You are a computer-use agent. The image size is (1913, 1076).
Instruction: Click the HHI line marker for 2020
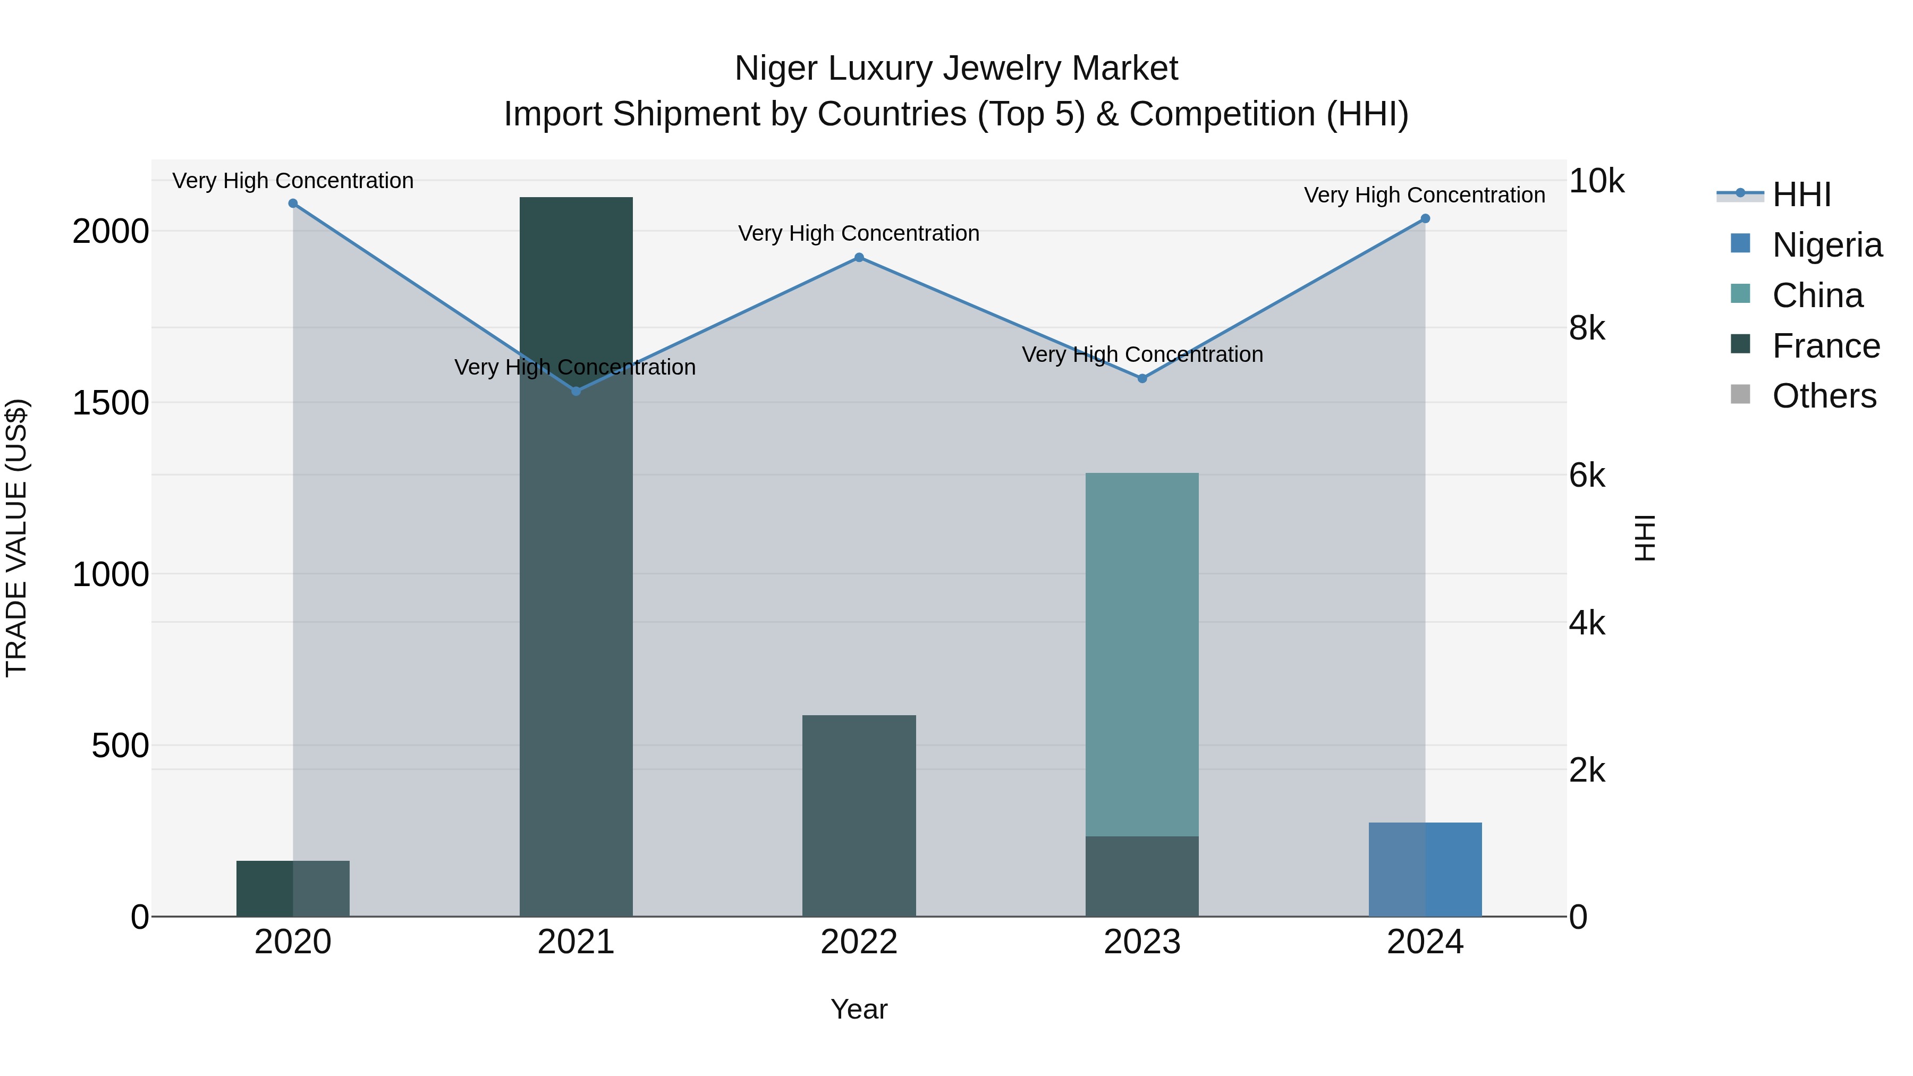click(x=293, y=204)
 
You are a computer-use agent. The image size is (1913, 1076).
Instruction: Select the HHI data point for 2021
click(x=575, y=391)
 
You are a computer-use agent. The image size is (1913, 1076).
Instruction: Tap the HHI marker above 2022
click(x=859, y=258)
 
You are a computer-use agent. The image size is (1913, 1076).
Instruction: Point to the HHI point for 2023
click(x=1142, y=379)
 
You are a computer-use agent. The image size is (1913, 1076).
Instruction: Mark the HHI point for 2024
click(x=1425, y=218)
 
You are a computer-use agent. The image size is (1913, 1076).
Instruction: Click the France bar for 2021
click(x=575, y=594)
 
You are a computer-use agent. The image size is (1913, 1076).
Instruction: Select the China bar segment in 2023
click(x=1142, y=654)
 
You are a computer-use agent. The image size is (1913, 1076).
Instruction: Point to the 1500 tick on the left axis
click(x=110, y=403)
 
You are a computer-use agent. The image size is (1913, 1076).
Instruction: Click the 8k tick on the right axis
click(x=1587, y=328)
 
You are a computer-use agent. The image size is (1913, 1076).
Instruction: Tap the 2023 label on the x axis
click(x=1142, y=942)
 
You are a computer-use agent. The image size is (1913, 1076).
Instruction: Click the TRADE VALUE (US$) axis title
click(x=17, y=538)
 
